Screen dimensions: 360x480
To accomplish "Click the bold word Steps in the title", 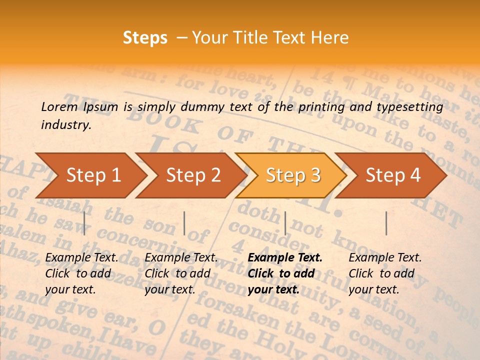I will pyautogui.click(x=145, y=38).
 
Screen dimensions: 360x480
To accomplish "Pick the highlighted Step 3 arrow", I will pyautogui.click(x=293, y=175).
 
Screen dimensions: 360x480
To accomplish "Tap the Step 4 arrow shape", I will pyautogui.click(x=393, y=175).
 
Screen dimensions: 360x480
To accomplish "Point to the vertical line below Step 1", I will pyautogui.click(x=84, y=223).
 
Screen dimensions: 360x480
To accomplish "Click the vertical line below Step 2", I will pyautogui.click(x=184, y=223).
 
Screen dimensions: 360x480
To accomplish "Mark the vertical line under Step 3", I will pyautogui.click(x=285, y=223).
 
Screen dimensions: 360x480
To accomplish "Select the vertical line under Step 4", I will pyautogui.click(x=386, y=223).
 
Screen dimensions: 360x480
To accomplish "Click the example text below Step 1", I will pyautogui.click(x=81, y=273).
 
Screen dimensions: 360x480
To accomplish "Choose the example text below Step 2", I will pyautogui.click(x=180, y=273).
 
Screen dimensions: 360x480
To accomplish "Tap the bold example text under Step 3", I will pyautogui.click(x=285, y=273).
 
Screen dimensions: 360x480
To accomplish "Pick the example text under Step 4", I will pyautogui.click(x=385, y=273).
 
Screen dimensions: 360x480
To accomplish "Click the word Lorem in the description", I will pyautogui.click(x=59, y=106).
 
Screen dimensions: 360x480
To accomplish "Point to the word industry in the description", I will pyautogui.click(x=65, y=125).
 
